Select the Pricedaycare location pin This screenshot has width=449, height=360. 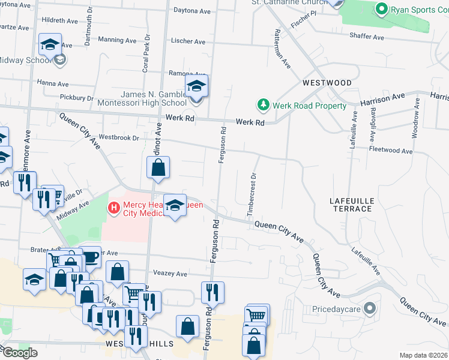click(370, 310)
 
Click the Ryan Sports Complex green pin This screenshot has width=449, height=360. click(381, 9)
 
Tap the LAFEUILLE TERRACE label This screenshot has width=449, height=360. click(352, 204)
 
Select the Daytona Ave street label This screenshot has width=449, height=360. click(191, 10)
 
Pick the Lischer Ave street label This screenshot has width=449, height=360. click(188, 42)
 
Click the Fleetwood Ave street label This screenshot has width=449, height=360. click(391, 149)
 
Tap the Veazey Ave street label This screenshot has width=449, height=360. click(170, 274)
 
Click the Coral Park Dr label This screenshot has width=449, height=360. click(145, 57)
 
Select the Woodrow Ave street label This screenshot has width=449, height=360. click(415, 124)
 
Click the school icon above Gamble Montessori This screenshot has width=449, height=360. click(196, 86)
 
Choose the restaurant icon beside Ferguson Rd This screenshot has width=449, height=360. click(212, 292)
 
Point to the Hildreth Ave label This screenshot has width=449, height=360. click(60, 20)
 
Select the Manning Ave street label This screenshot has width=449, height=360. click(118, 40)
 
